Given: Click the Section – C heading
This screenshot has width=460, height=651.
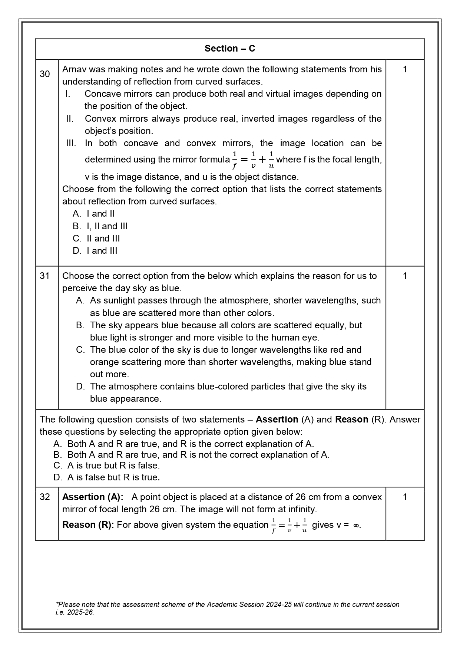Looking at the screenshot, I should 230,49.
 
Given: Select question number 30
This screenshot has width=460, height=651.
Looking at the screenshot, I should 44,74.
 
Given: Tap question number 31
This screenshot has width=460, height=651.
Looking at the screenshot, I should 44,276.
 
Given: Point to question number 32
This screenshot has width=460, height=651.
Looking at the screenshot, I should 44,497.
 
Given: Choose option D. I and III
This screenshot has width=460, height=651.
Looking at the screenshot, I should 95,251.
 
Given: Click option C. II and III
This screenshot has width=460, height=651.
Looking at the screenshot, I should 96,239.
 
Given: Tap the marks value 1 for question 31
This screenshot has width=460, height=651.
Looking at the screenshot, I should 405,276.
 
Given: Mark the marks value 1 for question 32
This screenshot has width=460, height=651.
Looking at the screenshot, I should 405,497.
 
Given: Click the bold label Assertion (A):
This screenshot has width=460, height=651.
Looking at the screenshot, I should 93,497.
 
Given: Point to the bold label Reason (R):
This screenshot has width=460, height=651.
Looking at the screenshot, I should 88,525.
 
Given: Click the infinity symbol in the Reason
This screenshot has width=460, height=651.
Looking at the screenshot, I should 356,525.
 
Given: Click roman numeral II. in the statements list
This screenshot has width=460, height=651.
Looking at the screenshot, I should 70,119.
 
